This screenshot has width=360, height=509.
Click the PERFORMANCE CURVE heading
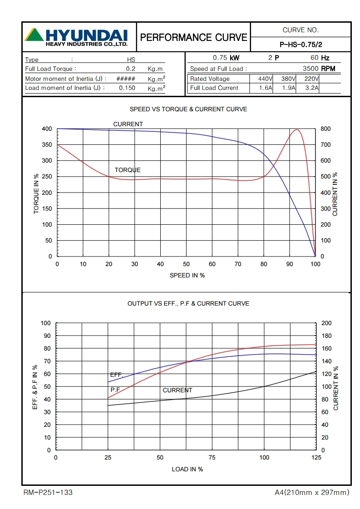194,37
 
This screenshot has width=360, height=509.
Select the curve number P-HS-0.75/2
301,44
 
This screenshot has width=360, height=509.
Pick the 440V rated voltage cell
262,79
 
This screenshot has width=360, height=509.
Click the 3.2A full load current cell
311,88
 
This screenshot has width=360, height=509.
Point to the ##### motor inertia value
126,79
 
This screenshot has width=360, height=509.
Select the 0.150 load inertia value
127,88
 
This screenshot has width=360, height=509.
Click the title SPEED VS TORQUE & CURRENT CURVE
188,109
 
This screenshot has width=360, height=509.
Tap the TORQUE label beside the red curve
128,170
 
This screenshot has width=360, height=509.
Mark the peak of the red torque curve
297,129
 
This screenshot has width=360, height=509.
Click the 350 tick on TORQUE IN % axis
47,145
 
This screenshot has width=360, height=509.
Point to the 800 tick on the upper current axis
325,129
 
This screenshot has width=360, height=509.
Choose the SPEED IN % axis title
187,275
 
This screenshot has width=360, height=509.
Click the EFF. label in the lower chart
117,375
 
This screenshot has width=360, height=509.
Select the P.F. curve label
115,390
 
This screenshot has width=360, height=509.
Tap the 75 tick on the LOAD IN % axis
212,458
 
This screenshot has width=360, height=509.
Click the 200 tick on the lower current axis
326,323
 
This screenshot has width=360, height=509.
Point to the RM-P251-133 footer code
48,492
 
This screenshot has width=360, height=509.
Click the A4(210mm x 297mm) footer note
312,492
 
